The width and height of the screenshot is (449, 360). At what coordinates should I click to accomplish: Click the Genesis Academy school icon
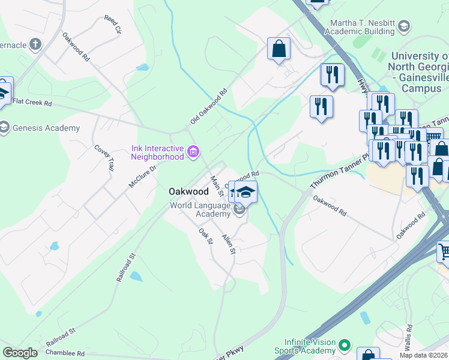pyautogui.click(x=4, y=128)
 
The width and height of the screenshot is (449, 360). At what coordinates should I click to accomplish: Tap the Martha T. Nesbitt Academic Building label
pyautogui.click(x=363, y=26)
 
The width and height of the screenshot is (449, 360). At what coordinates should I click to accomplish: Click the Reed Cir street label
pyautogui.click(x=112, y=25)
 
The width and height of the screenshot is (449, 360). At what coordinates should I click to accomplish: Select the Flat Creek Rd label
pyautogui.click(x=32, y=103)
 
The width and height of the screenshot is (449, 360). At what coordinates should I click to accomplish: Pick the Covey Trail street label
pyautogui.click(x=103, y=158)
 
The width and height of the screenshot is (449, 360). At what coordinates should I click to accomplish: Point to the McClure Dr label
pyautogui.click(x=142, y=176)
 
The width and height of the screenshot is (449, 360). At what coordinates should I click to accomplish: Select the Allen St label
pyautogui.click(x=228, y=244)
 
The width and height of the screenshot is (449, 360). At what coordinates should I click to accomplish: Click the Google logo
pyautogui.click(x=20, y=352)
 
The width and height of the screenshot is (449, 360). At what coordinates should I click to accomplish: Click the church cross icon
pyautogui.click(x=35, y=44)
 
